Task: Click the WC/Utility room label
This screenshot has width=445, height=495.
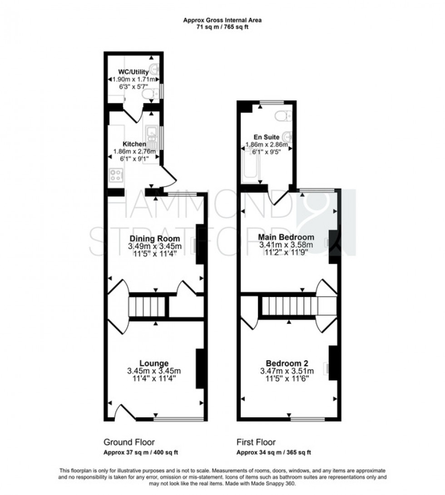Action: (x=133, y=72)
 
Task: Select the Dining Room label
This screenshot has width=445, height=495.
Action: (x=155, y=238)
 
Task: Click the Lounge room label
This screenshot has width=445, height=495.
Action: (x=154, y=363)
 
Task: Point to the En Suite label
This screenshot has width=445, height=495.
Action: (x=267, y=137)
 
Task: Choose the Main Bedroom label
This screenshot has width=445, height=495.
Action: (x=286, y=237)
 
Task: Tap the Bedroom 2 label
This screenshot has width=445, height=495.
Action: (x=287, y=363)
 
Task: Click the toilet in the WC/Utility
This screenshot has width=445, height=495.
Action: (x=148, y=94)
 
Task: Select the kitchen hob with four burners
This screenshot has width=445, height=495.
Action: (x=116, y=175)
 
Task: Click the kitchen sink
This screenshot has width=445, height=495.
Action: (x=150, y=134)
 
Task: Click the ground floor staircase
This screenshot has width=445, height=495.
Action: (x=146, y=307)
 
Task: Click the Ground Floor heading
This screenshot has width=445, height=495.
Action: (x=129, y=442)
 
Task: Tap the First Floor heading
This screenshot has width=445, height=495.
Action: (x=256, y=442)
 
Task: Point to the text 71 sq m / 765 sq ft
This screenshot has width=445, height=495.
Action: (x=222, y=27)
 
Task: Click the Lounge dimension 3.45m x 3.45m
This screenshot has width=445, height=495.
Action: (x=154, y=371)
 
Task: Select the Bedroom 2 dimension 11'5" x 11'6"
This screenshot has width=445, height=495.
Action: (x=287, y=378)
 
